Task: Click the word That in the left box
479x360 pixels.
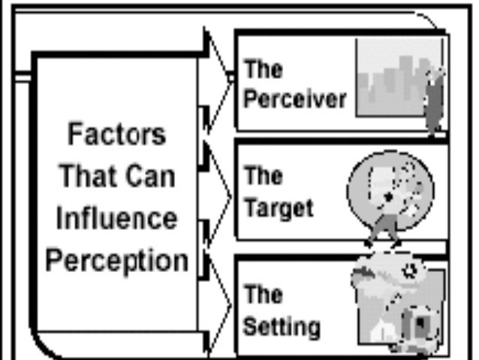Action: click(x=89, y=177)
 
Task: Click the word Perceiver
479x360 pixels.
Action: click(x=295, y=100)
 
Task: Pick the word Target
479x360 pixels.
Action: click(x=278, y=207)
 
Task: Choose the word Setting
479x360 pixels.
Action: click(x=282, y=327)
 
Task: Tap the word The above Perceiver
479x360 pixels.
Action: click(x=262, y=71)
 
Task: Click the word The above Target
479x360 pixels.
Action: click(x=262, y=178)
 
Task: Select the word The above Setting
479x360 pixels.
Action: click(x=262, y=294)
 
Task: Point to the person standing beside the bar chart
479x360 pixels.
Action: click(x=433, y=98)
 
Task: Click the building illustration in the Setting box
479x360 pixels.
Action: click(x=398, y=308)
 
